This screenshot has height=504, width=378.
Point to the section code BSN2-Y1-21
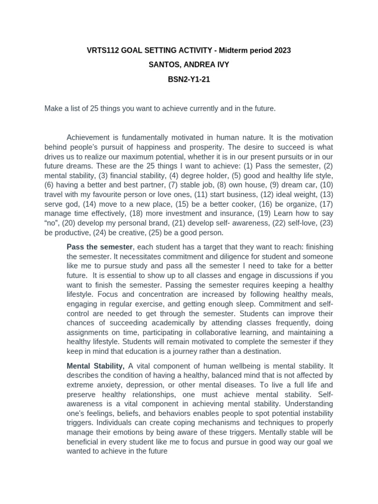pos(189,79)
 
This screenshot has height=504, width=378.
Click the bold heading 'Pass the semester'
pos(99,247)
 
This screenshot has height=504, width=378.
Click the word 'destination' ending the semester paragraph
pos(260,351)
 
